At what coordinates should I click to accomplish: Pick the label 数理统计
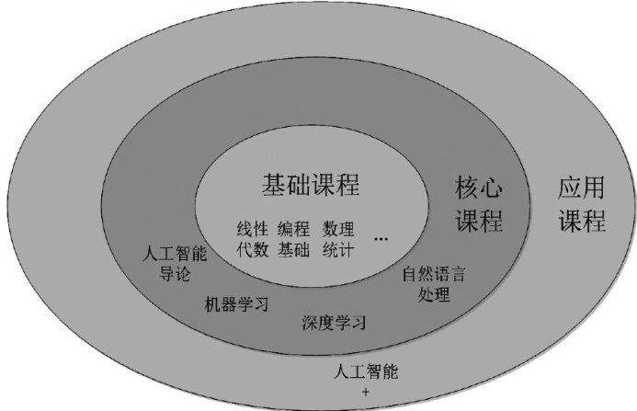(338, 237)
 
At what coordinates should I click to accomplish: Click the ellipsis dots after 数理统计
(381, 238)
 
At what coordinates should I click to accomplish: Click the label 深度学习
(334, 324)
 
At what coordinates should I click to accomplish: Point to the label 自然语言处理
(434, 285)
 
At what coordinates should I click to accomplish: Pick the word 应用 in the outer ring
(582, 188)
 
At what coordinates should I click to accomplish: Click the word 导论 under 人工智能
(175, 274)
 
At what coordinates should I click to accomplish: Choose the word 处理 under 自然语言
(434, 295)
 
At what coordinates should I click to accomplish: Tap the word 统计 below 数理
(338, 247)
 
